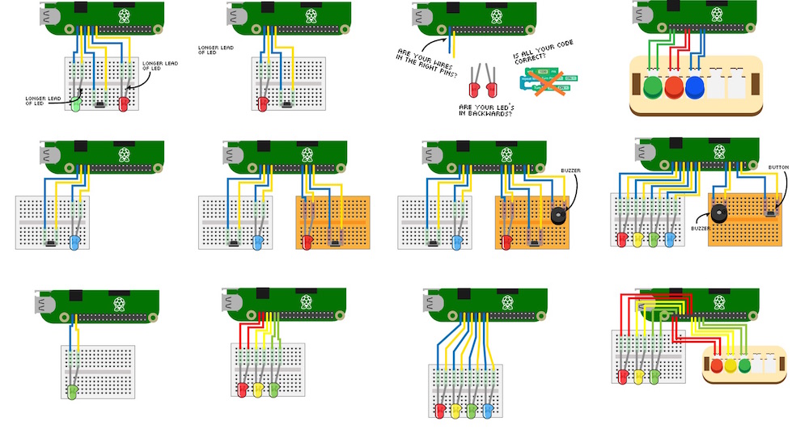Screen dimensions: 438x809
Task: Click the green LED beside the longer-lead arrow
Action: (x=75, y=104)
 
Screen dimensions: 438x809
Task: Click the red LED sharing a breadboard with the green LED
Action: (x=124, y=104)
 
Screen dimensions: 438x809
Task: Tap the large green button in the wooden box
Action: (x=655, y=86)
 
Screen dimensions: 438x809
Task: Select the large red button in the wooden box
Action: (x=675, y=86)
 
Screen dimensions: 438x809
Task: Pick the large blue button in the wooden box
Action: (x=694, y=86)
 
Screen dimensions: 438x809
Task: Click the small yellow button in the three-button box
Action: (x=731, y=365)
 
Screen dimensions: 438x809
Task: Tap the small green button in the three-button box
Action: (x=745, y=365)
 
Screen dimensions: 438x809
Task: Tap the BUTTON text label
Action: (x=778, y=168)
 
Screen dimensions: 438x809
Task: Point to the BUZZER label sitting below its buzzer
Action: (x=700, y=229)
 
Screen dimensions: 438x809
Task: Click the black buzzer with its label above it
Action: (x=557, y=216)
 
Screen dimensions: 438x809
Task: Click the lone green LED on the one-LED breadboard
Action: (x=72, y=391)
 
